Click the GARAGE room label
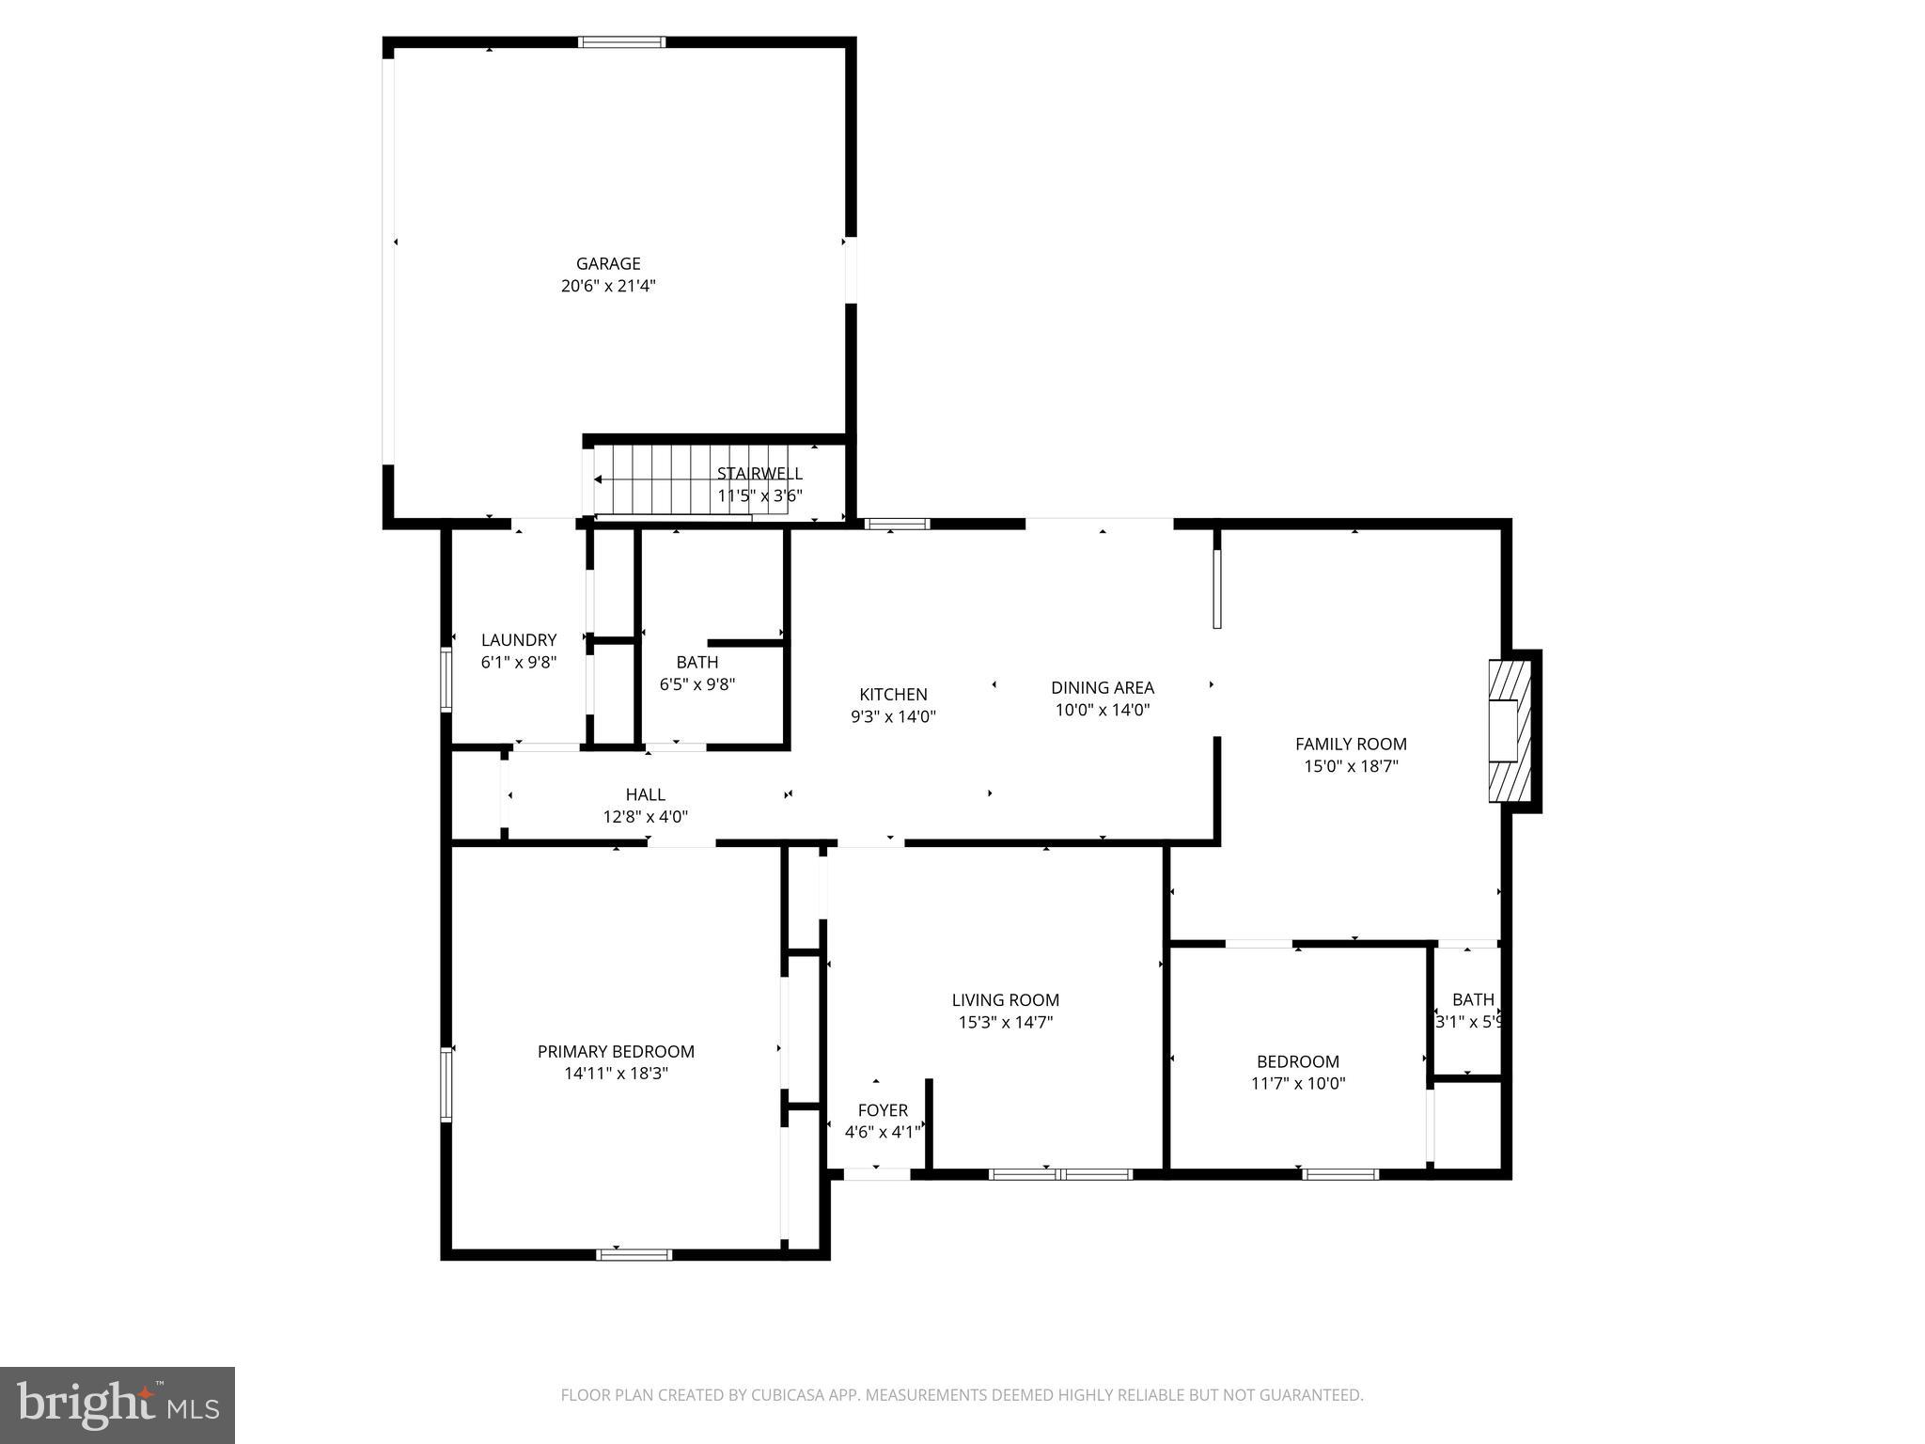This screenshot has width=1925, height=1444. coord(608,264)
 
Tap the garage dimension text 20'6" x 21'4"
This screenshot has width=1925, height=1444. coord(608,287)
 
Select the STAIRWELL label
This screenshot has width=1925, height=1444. coord(759,474)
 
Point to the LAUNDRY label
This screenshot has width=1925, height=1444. coord(519,640)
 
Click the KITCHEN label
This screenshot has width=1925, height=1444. coord(893,695)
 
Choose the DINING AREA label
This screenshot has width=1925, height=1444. coord(1102,688)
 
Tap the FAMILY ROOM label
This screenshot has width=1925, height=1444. coord(1351,745)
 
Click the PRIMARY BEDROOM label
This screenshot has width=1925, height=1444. coord(616,1052)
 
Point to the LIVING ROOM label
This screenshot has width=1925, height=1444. coord(1005,1000)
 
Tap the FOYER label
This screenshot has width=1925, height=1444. coord(883,1110)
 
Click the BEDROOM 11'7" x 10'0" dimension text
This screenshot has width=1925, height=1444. coord(1297,1083)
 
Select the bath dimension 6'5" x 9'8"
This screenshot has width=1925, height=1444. coord(696,684)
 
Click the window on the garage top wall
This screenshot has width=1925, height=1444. coord(621,42)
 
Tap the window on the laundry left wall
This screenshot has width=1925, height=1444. coord(447,678)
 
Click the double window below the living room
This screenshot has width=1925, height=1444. coord(1061,1174)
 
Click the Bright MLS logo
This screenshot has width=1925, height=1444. coord(117,1405)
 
